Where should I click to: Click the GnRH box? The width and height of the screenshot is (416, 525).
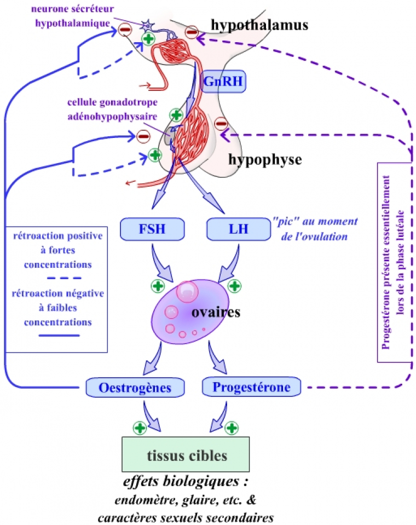pos(221,82)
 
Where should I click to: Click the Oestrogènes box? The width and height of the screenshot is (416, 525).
pos(135,388)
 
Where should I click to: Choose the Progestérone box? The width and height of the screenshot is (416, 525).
pos(251,387)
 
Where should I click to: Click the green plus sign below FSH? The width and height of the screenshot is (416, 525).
pos(157,285)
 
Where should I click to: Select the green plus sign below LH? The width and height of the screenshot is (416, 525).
pos(234,285)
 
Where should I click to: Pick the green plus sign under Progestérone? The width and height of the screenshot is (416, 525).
pos(232,427)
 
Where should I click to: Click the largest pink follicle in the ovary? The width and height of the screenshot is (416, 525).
pos(187,291)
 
